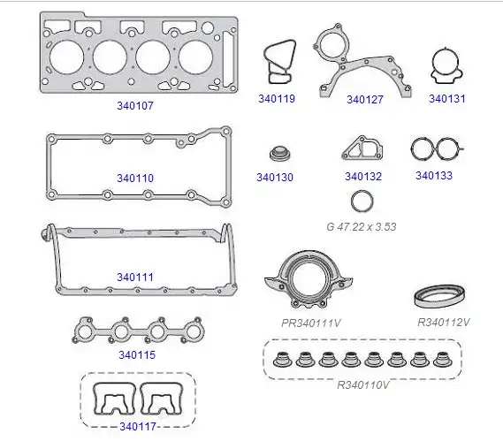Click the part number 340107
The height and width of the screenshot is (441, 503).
pos(135,105)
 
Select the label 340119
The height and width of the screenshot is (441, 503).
pos(277,98)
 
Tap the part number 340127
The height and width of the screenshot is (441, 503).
pos(365,100)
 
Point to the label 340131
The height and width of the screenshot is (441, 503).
pos(447,98)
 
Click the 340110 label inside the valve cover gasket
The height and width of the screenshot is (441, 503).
pos(135,178)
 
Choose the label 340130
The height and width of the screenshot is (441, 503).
pos(275,178)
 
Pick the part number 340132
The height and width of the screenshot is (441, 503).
pos(363,177)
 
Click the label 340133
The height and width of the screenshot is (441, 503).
pos(434,176)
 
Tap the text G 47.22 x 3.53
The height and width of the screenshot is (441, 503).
pos(362,227)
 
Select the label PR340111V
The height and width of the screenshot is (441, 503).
pos(311,323)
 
